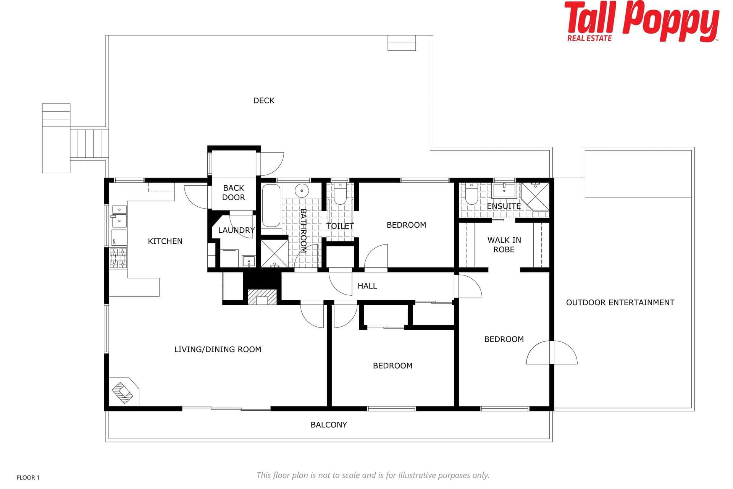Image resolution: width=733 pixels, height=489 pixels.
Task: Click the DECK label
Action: pos(264,100)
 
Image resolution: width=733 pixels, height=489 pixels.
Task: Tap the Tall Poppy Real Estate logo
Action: pos(641,21)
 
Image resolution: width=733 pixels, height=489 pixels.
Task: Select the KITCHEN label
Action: pos(165,241)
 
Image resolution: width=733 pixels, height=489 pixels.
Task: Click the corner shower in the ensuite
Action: pos(535,196)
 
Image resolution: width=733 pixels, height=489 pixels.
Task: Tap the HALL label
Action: pos(367,286)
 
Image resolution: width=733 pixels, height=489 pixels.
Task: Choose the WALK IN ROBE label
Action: pos(504,245)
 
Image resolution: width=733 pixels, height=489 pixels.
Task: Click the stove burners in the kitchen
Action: pos(118,258)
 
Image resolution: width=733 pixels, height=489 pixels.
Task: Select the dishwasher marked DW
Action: pos(119,238)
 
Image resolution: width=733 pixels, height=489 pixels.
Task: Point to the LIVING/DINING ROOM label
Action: pos(218,350)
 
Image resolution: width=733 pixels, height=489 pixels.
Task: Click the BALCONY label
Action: pos(329,425)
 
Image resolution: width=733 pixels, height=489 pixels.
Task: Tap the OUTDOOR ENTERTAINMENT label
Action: pos(620,303)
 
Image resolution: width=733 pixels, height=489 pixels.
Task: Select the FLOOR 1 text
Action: pos(28,478)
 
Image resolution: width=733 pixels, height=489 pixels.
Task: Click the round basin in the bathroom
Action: pos(302,190)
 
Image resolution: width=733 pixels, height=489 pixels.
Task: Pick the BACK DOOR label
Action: pos(234,193)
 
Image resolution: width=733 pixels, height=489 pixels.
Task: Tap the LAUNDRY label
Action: pos(236,230)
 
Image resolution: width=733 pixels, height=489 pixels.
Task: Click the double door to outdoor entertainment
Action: pos(552,353)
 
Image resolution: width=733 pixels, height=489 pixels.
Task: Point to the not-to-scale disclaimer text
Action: pos(373,475)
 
